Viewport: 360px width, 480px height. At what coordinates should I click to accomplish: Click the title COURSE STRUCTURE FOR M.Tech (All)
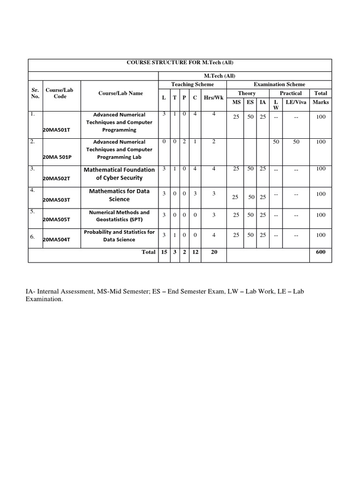pos(180,63)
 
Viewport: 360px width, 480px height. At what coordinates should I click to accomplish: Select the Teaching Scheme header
pos(192,84)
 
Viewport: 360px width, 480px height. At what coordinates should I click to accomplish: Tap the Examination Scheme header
pos(279,84)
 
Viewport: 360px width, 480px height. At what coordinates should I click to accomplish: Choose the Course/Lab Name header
pos(120,93)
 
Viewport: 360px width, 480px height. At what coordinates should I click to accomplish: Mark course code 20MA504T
pos(56,240)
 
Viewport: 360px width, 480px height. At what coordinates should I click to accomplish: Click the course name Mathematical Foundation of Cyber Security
pos(119,174)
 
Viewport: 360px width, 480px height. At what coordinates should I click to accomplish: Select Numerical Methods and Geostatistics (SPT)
pos(119,216)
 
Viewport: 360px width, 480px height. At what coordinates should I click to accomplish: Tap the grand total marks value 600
pos(321,252)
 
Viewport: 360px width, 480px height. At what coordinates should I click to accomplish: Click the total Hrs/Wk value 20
pos(214,252)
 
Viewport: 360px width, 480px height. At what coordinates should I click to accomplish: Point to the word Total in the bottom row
pos(149,252)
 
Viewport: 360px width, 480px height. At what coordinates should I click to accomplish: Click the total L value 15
pos(164,252)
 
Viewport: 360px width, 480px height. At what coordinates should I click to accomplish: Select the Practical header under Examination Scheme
pos(291,93)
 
